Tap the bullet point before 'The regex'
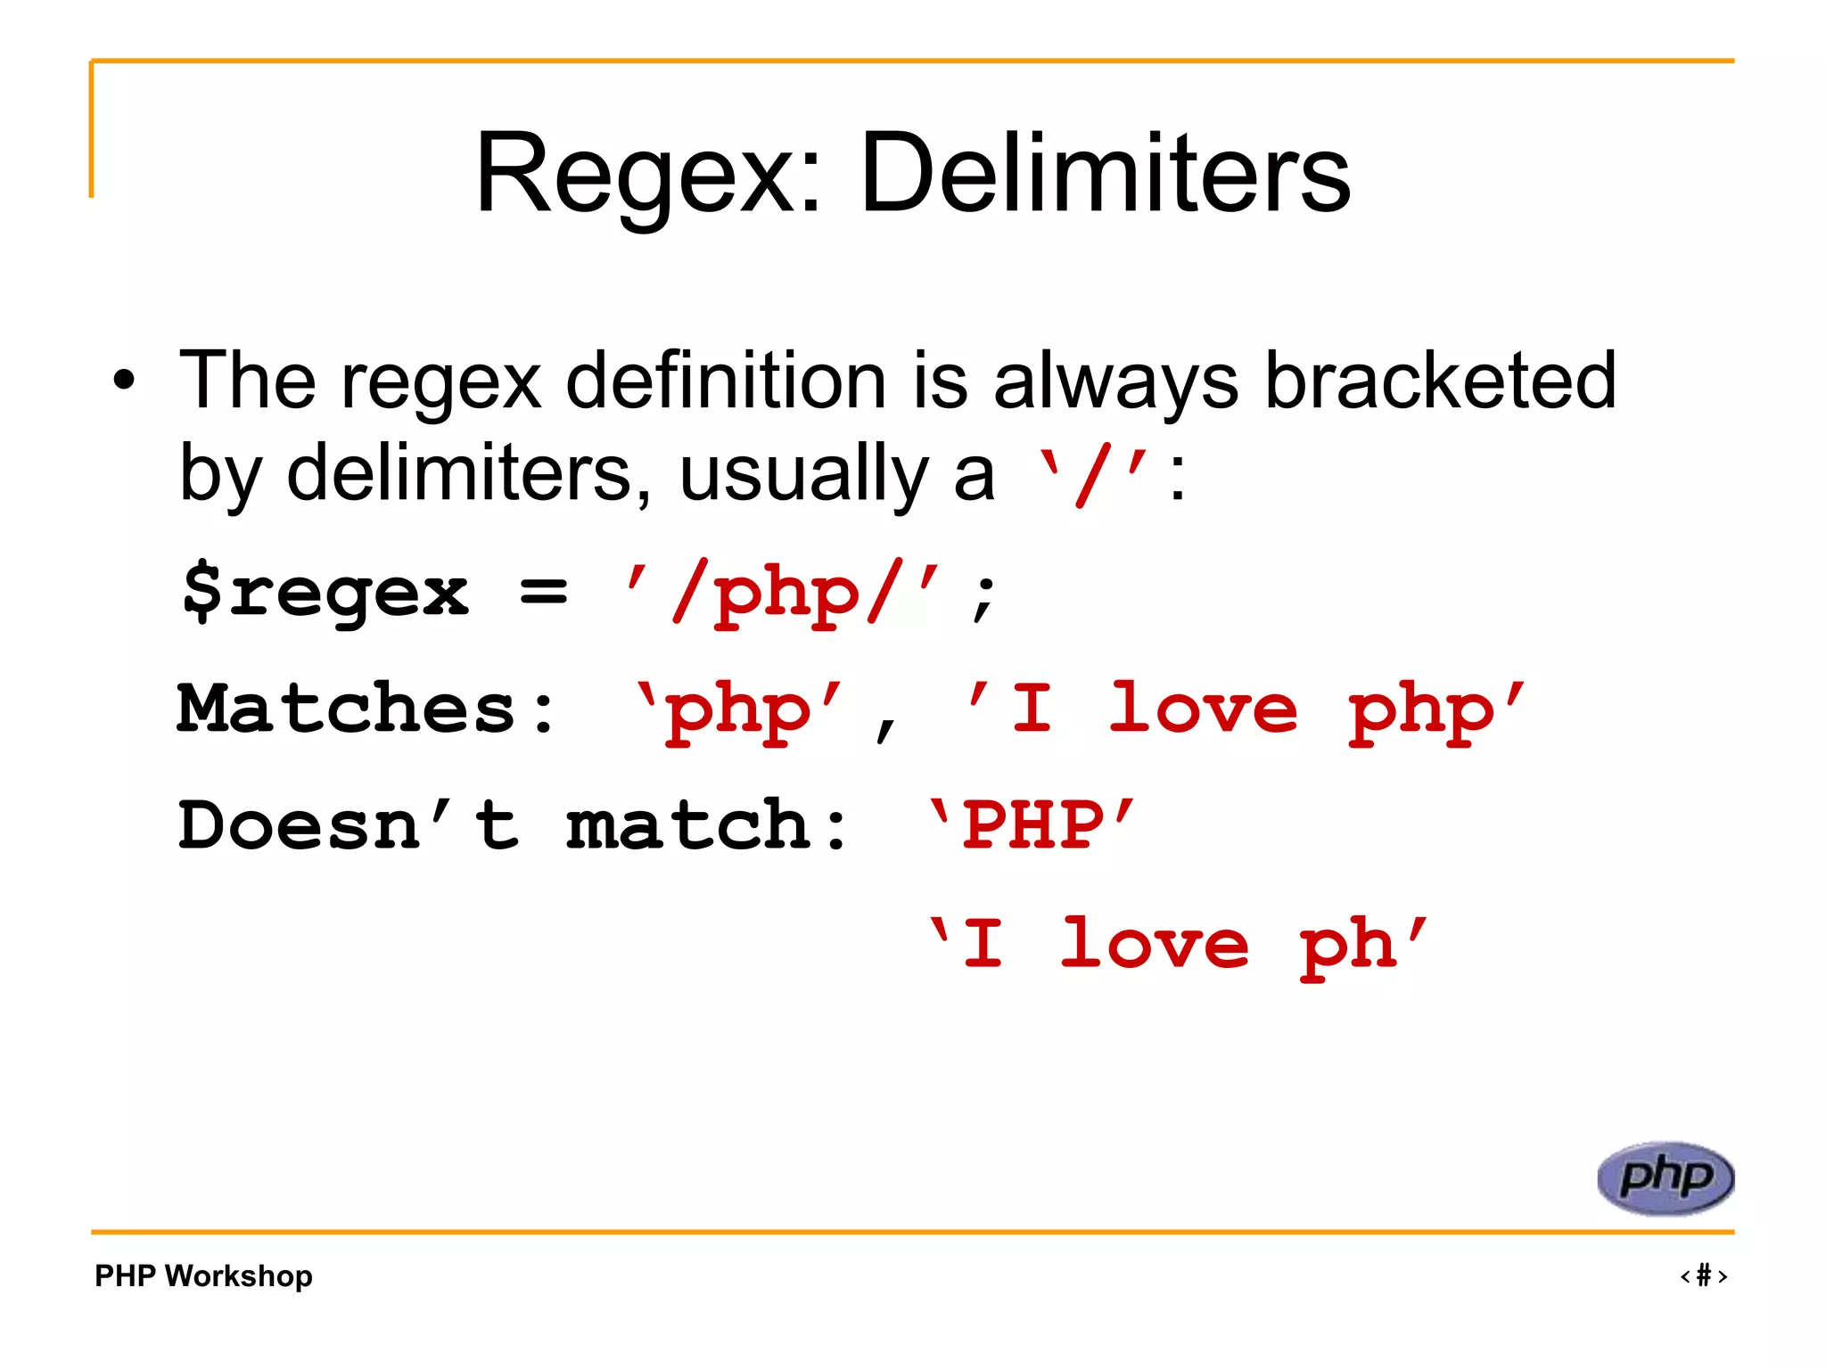coord(125,381)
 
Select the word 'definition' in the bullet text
coord(726,381)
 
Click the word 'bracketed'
coord(1439,381)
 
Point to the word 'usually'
coord(802,473)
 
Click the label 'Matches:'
coord(366,709)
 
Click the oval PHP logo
coord(1665,1177)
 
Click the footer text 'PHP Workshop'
coord(203,1275)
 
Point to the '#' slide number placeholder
coord(1703,1275)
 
